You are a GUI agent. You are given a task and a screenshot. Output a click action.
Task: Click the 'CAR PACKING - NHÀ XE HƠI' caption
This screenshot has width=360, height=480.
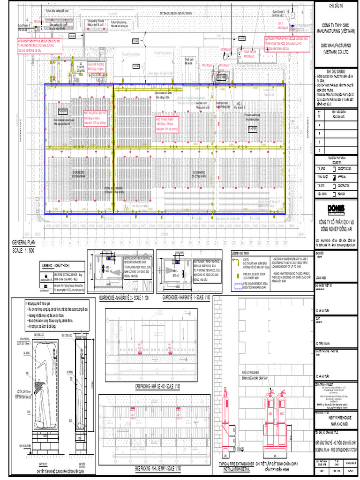tap(157, 385)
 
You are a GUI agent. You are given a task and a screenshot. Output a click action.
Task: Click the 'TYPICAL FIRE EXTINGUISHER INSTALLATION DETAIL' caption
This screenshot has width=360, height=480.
tap(236, 466)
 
